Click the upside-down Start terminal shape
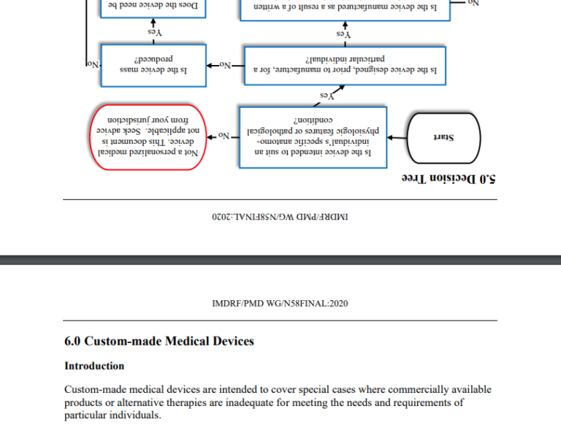444,137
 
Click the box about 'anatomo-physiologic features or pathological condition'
313,137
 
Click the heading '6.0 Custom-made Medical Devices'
159,341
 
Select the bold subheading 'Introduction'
94,366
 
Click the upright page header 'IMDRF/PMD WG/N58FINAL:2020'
280,304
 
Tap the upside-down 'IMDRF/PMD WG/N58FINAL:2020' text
280,216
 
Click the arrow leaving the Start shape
399,137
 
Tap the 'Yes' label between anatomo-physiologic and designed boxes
327,95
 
